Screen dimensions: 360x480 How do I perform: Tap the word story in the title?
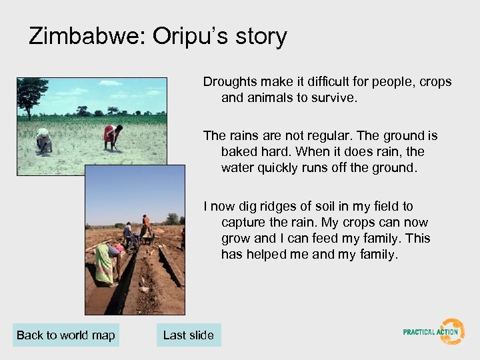(259, 36)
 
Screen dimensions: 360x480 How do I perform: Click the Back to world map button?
(66, 335)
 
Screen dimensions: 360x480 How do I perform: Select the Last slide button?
(189, 335)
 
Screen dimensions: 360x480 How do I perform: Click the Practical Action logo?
(434, 331)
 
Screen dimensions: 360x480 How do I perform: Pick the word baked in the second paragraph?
(237, 151)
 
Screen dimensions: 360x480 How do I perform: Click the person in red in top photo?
(112, 136)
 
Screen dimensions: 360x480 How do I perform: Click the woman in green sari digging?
(105, 261)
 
